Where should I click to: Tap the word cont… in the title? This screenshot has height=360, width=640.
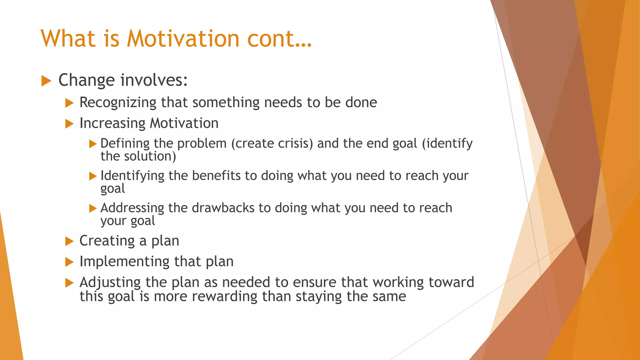click(x=279, y=39)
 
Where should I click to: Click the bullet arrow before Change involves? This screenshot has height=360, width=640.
click(x=46, y=81)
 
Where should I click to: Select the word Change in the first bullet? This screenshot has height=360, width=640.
click(x=87, y=80)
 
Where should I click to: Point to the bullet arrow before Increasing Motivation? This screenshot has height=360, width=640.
click(x=69, y=124)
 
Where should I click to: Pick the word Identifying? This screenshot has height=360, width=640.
click(x=132, y=176)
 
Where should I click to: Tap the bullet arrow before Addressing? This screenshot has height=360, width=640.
click(x=93, y=208)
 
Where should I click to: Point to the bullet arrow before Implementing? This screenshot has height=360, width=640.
click(x=69, y=262)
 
